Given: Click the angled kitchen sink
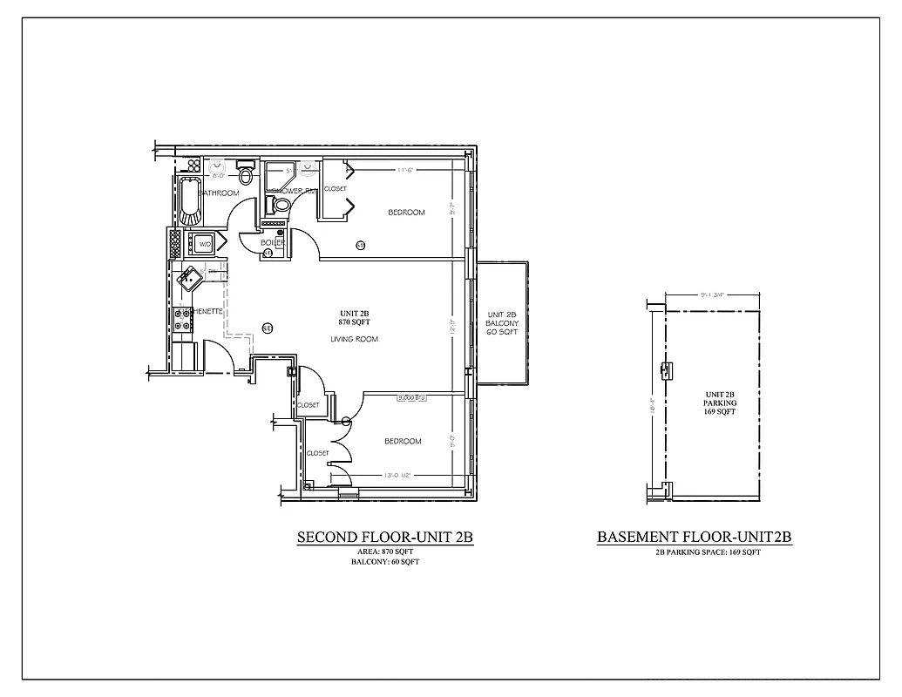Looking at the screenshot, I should (189, 279).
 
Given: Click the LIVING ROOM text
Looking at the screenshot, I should (355, 339).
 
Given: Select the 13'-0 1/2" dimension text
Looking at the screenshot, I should (403, 475).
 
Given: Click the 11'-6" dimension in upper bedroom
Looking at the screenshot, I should (403, 170).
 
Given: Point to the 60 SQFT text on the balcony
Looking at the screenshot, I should (502, 334).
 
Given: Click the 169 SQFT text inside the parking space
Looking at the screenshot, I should (720, 412).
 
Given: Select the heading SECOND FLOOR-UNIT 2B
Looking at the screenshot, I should (384, 538).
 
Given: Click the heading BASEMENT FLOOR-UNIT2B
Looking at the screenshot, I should (695, 538).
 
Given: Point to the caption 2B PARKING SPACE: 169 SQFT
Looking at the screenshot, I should (708, 552).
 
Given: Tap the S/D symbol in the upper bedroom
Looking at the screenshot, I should (360, 246).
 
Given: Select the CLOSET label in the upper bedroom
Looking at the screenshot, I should (336, 189).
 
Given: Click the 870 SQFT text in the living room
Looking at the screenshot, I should (356, 322).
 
